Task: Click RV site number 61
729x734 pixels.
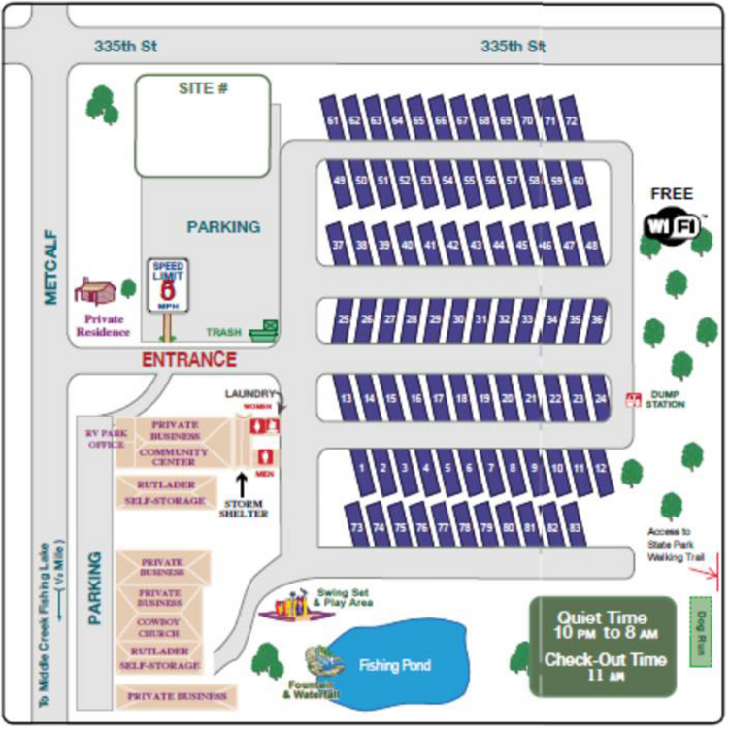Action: point(333,120)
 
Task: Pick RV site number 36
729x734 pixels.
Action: point(598,318)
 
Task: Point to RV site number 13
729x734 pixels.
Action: point(345,398)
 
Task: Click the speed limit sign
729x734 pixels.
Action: point(167,285)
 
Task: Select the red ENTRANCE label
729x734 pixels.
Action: point(189,360)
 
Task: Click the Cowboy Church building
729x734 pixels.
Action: point(161,626)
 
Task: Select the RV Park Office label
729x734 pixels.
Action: point(105,438)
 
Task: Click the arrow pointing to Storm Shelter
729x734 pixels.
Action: point(242,484)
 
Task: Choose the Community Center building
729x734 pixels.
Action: point(175,456)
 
